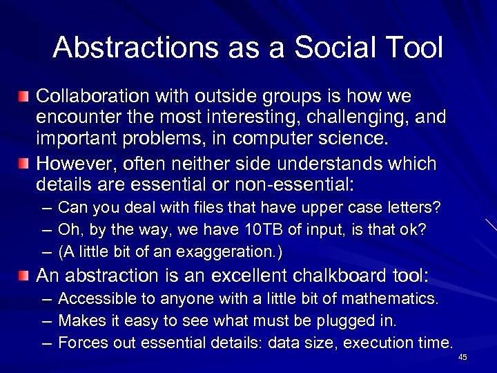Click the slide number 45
[462, 357]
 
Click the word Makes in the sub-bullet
[79, 321]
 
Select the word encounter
[72, 117]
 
